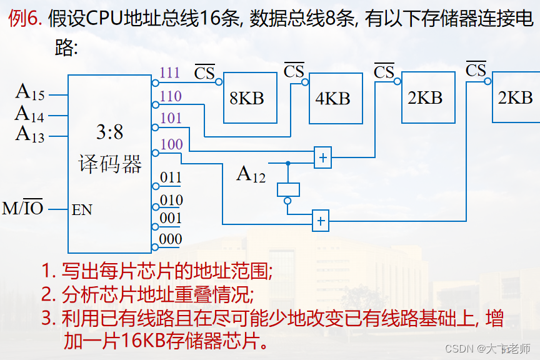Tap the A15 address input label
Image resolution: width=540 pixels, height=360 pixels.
(30, 92)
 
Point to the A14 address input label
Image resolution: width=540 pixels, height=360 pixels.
(30, 114)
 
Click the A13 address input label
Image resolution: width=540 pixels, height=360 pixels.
(30, 134)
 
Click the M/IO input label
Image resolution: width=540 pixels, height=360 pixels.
(22, 208)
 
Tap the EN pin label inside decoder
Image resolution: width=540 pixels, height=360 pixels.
(82, 210)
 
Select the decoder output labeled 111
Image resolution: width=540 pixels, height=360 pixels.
(170, 72)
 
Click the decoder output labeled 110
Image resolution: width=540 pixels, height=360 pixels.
(171, 96)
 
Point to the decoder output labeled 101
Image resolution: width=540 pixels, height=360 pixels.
(171, 118)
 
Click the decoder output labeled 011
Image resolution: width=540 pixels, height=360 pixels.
(171, 177)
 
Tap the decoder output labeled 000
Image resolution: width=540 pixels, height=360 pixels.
(171, 239)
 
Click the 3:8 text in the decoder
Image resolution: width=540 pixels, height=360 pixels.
(109, 132)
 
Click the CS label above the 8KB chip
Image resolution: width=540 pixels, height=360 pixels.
(204, 73)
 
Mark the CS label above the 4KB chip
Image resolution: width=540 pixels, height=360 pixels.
(294, 71)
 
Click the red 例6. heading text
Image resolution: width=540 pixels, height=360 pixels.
(25, 19)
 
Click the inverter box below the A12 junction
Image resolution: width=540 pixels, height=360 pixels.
(288, 189)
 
